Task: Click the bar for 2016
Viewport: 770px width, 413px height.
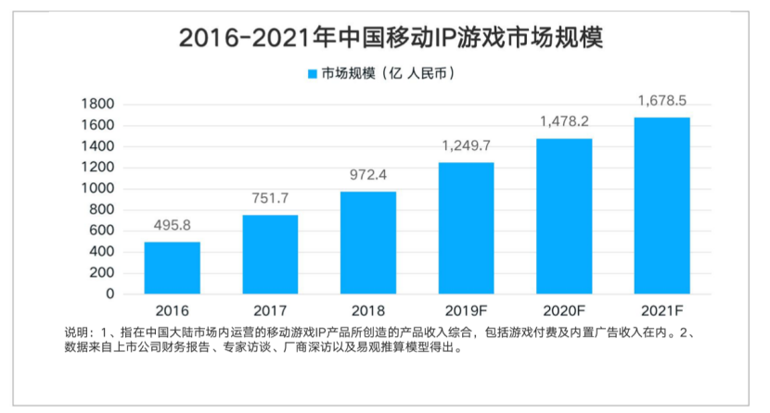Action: [172, 268]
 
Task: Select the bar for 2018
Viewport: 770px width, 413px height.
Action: [368, 243]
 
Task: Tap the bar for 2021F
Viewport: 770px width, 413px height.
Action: [662, 206]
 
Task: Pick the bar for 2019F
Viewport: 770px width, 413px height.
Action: [466, 229]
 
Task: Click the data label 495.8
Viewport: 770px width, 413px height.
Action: [172, 225]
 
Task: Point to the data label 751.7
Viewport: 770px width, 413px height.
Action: [270, 198]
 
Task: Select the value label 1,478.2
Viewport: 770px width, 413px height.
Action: [564, 121]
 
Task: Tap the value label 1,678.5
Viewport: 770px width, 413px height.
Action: [662, 101]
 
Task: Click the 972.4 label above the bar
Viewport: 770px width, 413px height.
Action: [368, 175]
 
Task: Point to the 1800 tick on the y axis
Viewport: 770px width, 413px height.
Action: [97, 104]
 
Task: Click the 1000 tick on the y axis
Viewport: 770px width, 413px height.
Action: [97, 189]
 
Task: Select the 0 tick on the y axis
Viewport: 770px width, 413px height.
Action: [110, 294]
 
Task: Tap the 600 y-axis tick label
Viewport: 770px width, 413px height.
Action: [102, 231]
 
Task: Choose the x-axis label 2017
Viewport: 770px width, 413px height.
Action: [270, 310]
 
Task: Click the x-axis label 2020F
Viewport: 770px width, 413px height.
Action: [564, 310]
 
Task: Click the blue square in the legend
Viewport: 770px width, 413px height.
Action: [313, 74]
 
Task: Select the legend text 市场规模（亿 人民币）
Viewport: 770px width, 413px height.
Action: [389, 73]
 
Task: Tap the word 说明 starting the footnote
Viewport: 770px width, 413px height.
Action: [76, 333]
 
